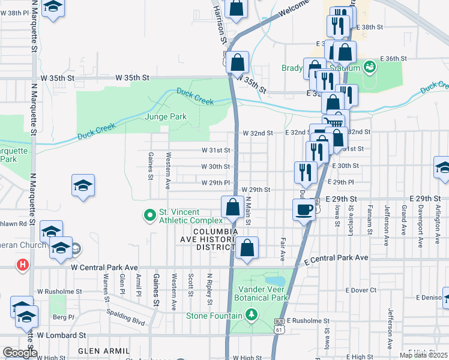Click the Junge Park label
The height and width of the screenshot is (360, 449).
[166, 116]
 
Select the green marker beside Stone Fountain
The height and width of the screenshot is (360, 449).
[252, 314]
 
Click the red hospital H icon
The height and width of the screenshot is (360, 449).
[23, 264]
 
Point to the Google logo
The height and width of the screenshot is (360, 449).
[20, 353]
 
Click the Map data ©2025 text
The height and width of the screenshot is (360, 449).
[424, 355]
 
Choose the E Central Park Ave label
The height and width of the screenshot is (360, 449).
[336, 258]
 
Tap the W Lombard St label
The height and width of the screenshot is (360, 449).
[62, 335]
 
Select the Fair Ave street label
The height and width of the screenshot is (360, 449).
[282, 249]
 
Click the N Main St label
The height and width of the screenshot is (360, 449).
[248, 210]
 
